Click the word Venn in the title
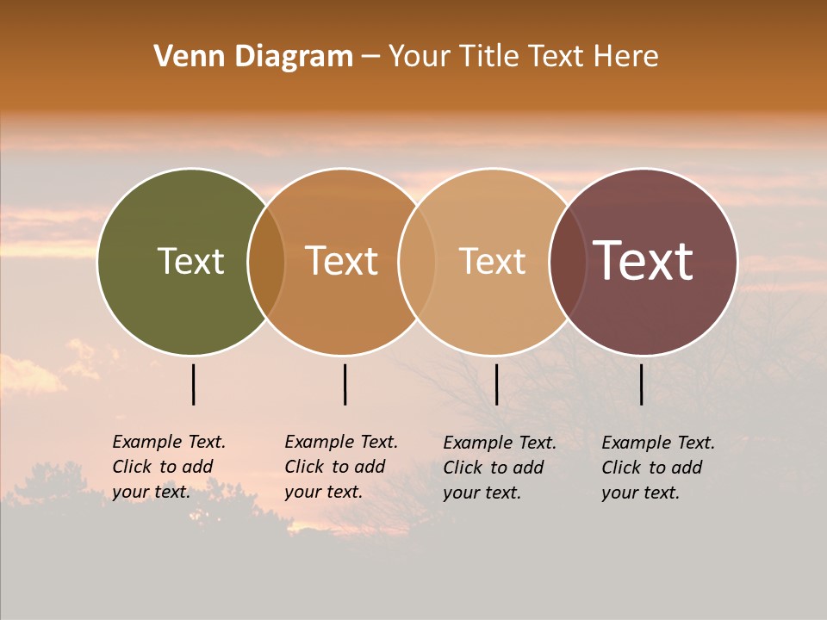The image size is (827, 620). [182, 57]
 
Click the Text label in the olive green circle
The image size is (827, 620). [190, 261]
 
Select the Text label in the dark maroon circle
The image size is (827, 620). [643, 261]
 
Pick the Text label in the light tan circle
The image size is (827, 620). [492, 261]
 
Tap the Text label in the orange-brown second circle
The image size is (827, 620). [341, 261]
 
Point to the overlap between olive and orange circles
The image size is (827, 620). [266, 261]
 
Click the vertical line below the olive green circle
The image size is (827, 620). [193, 384]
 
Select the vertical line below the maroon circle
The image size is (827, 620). [642, 384]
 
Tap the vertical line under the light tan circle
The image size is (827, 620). [496, 384]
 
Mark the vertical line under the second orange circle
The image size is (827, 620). [345, 384]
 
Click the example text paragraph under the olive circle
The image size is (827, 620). [169, 467]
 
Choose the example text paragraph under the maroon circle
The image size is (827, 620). [658, 468]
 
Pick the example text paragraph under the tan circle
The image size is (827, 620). [500, 468]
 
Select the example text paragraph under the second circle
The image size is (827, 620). [341, 467]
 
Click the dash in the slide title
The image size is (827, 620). [370, 57]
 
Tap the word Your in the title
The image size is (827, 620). [420, 57]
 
